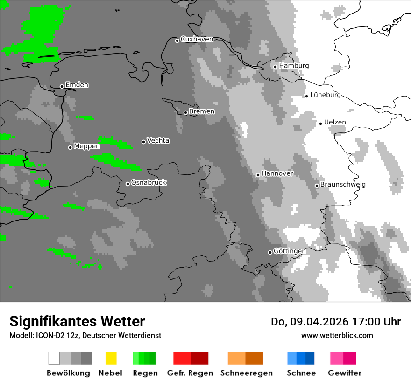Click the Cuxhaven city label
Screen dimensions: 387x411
197,39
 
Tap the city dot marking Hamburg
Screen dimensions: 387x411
276,67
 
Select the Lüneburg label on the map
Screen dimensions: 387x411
325,95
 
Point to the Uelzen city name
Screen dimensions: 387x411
335,123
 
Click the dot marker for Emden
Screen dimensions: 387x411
62,86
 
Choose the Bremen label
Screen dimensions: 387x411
202,111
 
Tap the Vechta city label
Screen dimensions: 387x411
158,141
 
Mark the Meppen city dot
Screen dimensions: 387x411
70,147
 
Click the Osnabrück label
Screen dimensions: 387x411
149,183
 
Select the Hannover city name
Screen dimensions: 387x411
277,173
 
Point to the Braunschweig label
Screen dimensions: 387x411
343,185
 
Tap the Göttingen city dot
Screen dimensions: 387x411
270,252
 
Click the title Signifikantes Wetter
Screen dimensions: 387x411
77,321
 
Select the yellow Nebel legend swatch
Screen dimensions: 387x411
111,358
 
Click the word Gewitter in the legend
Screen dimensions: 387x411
345,373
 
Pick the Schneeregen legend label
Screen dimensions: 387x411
247,373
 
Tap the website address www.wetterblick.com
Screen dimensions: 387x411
337,336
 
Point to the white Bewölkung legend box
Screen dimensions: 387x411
54,358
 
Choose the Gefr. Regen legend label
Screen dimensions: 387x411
190,373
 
